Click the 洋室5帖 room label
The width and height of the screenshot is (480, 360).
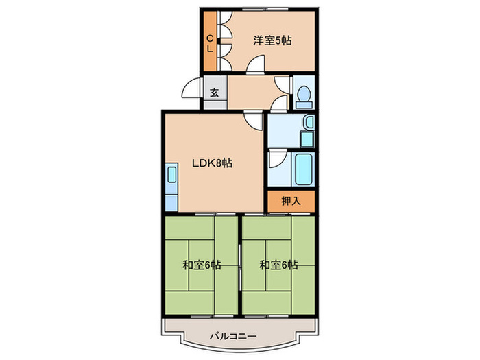(272, 40)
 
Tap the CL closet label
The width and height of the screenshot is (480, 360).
(211, 43)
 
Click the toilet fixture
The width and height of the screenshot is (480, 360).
(302, 94)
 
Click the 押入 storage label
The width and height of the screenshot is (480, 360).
(291, 201)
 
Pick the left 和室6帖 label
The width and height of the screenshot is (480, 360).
(202, 265)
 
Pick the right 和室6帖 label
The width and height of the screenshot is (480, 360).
(278, 265)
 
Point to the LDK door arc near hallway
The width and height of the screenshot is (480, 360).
(254, 121)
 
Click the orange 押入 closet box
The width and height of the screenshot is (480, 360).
(291, 201)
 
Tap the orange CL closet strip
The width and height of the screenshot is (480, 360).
(211, 43)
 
